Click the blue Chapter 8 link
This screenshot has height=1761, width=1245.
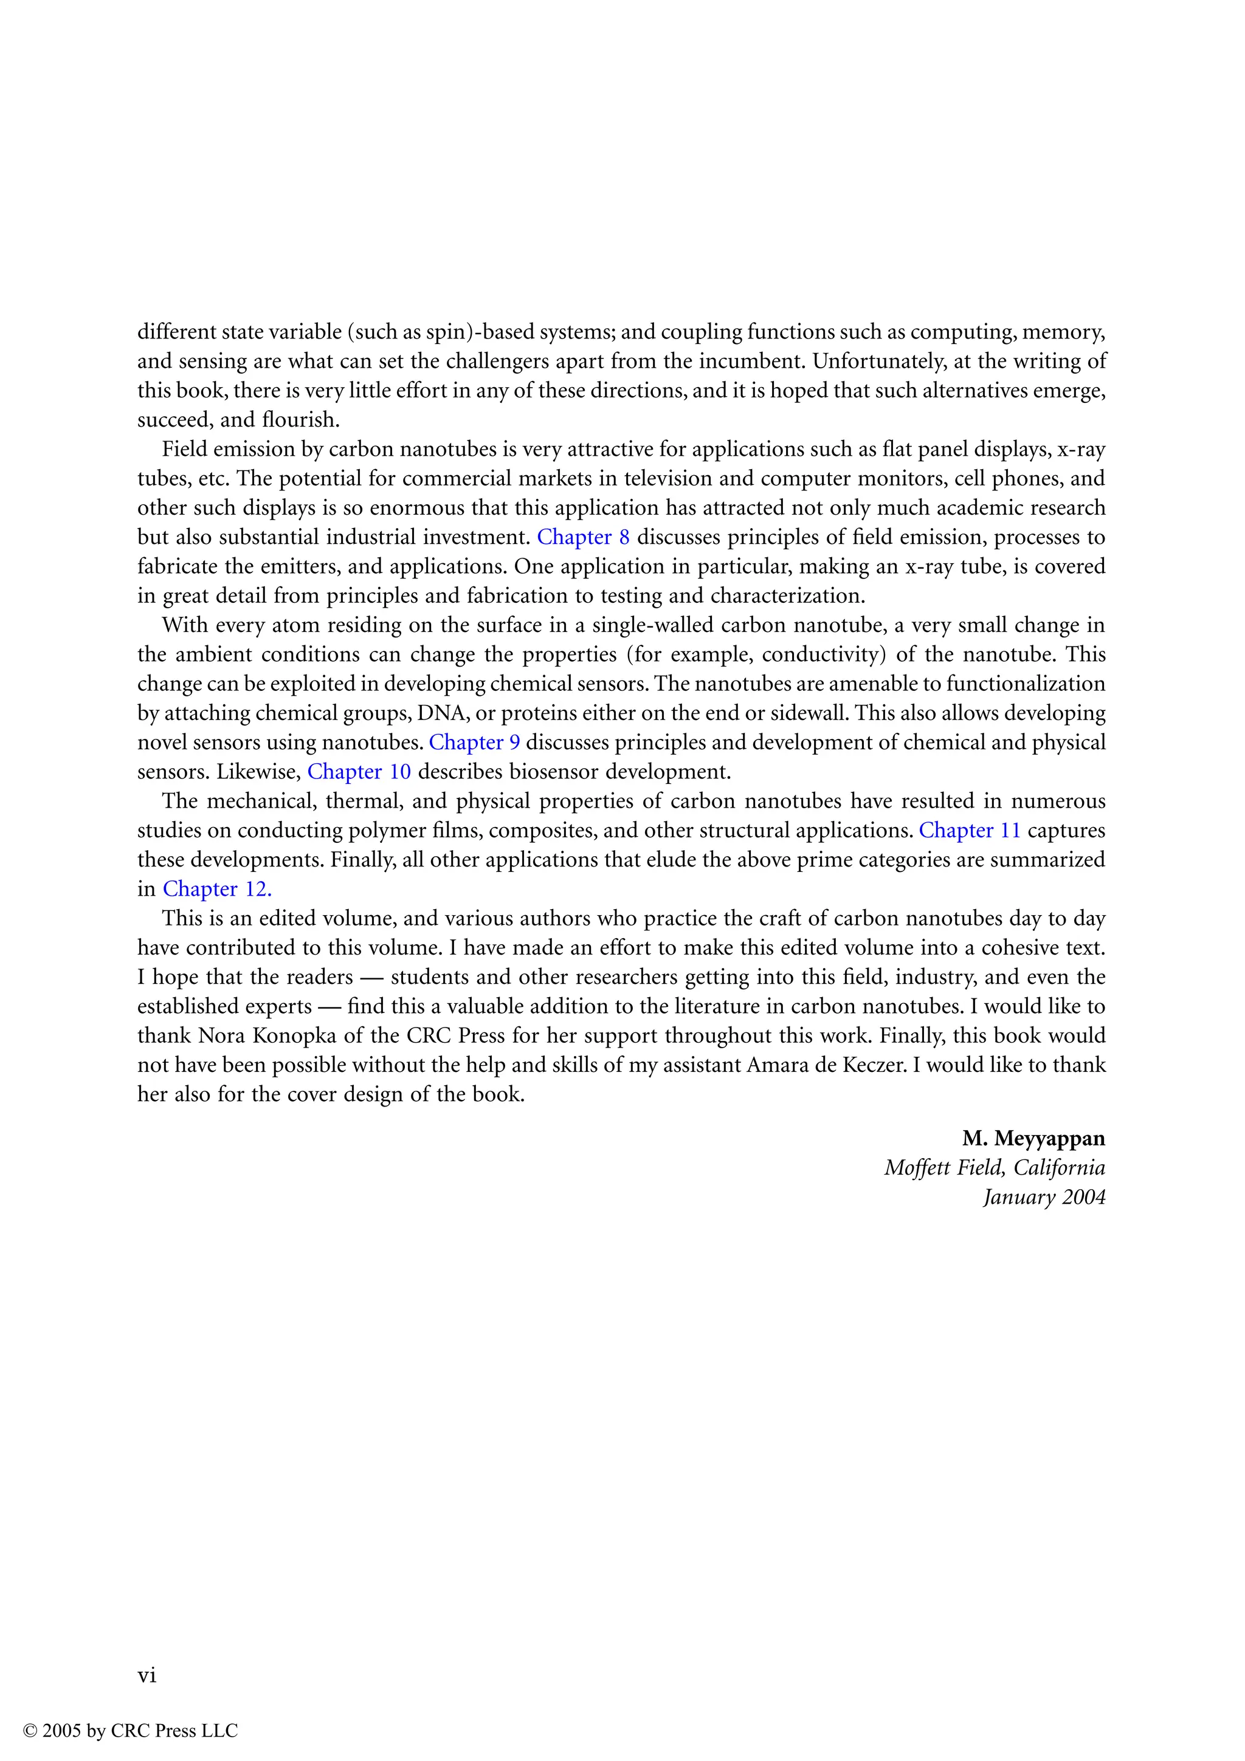point(583,537)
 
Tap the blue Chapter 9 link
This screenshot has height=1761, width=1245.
point(474,743)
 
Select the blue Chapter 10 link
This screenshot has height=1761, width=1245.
point(359,772)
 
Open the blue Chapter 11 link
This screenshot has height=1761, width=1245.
point(970,831)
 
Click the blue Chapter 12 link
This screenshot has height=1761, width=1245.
point(217,889)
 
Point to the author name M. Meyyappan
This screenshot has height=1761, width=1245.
point(1033,1138)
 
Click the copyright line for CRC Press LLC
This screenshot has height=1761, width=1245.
point(131,1731)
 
